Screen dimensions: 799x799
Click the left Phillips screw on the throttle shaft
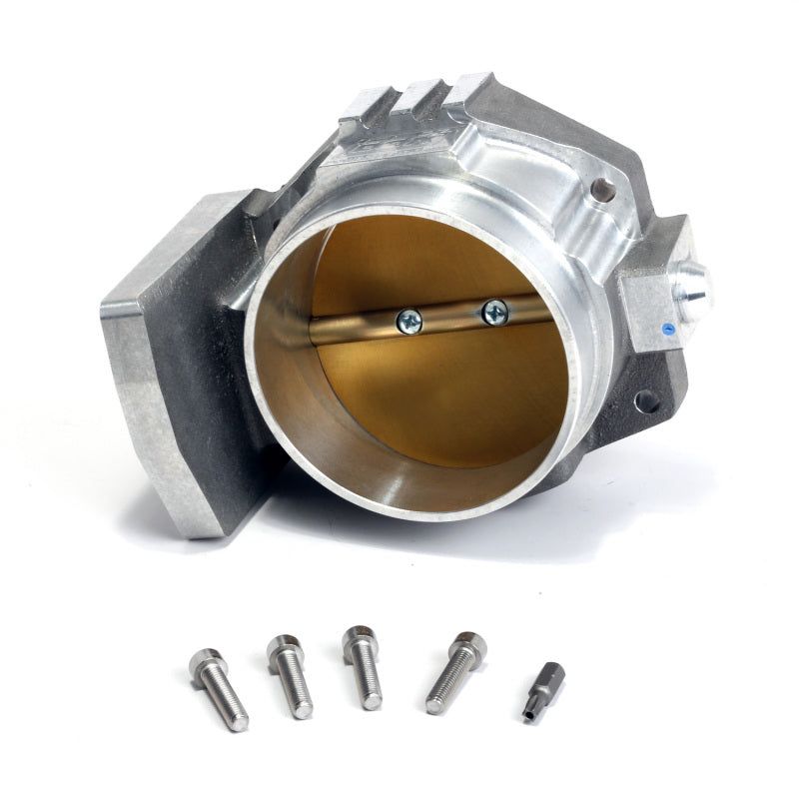click(x=409, y=321)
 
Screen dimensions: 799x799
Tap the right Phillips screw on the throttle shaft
click(x=494, y=312)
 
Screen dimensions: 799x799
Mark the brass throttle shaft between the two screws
click(x=451, y=317)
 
